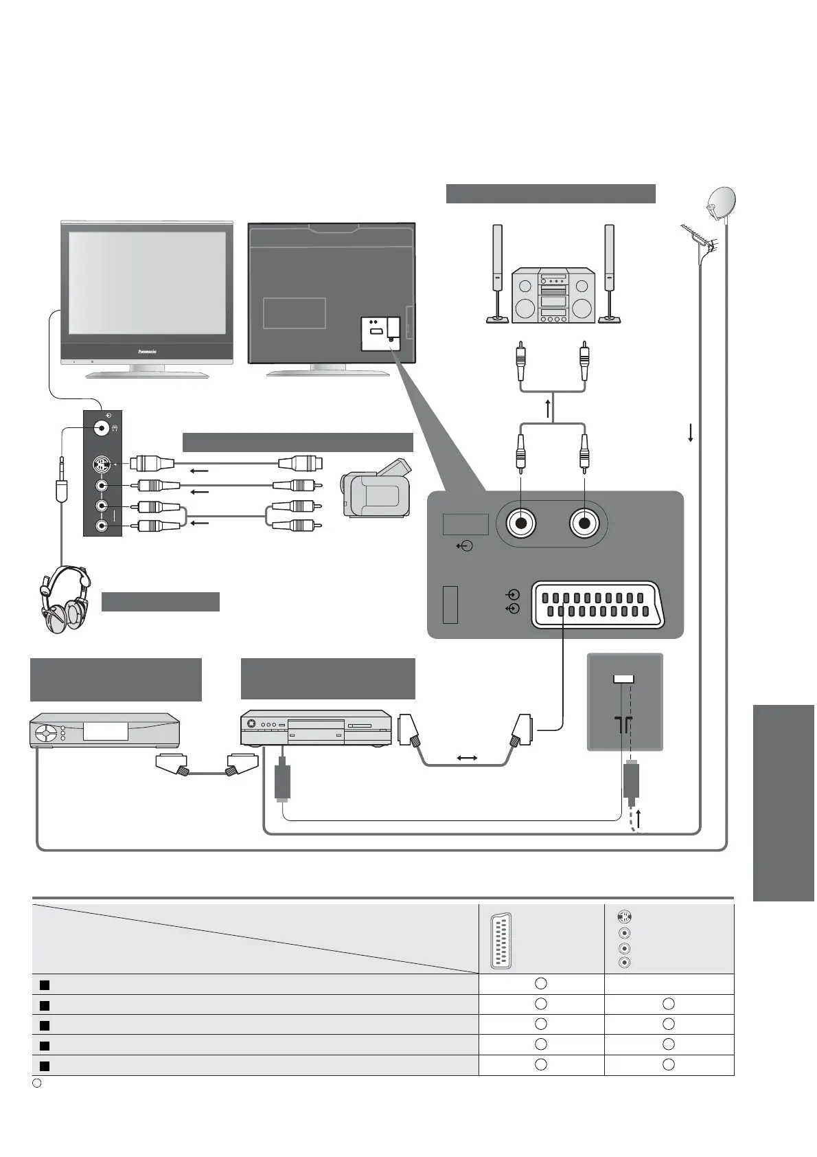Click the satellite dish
[x=721, y=203]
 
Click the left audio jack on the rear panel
[x=521, y=524]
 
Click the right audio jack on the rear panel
[x=584, y=524]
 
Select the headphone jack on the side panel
[x=102, y=429]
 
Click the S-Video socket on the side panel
[x=102, y=464]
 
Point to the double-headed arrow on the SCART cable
[x=468, y=758]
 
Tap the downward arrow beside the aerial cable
[x=690, y=432]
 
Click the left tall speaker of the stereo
[x=496, y=273]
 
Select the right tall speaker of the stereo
[x=609, y=273]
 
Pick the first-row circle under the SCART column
[x=541, y=984]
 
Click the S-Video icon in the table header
[x=623, y=916]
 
